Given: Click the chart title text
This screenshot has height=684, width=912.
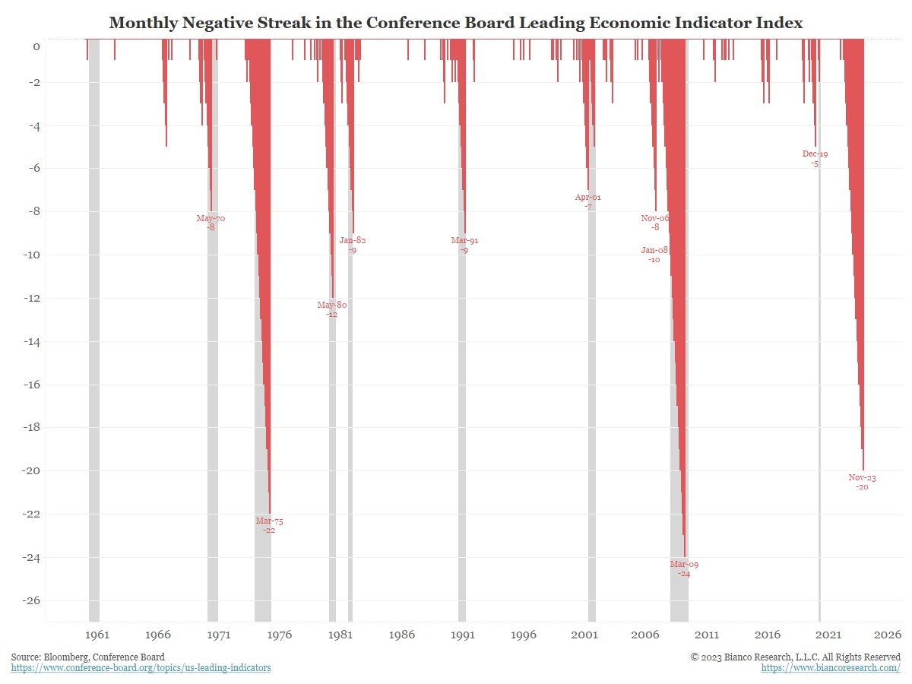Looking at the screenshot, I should tap(456, 23).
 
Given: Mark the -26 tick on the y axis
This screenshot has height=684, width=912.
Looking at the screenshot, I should tap(31, 600).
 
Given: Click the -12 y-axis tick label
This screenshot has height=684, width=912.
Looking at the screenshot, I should tap(31, 298).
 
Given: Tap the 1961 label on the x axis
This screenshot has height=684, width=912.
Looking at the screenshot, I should tap(97, 635).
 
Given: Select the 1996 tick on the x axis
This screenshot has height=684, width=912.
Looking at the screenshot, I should tap(524, 635).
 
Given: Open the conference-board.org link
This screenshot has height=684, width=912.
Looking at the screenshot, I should tap(141, 668).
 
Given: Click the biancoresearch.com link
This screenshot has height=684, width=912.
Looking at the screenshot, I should tap(831, 668).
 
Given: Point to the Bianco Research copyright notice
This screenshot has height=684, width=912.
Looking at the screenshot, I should tap(796, 657).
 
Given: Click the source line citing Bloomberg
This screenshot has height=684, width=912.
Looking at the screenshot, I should tap(87, 657).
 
